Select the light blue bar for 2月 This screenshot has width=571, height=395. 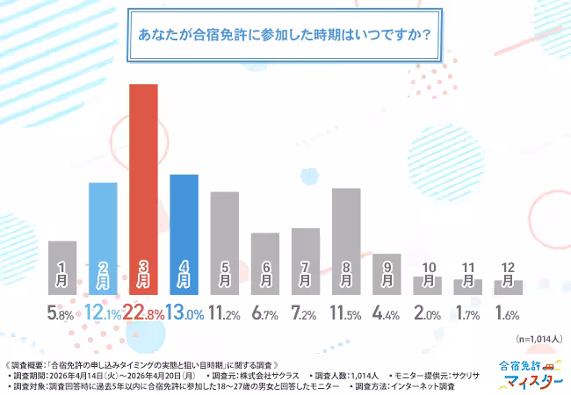point(103,237)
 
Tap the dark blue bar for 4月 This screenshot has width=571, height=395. point(184,233)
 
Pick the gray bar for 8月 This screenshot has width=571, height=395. point(346,241)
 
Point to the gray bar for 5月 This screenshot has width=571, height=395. point(224,242)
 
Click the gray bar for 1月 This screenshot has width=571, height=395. point(62,267)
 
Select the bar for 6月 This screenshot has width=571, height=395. point(264,262)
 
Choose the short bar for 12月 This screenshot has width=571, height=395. point(508,287)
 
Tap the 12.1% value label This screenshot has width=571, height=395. point(103,312)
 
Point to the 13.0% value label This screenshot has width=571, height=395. point(184,312)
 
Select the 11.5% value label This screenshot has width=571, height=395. point(346,312)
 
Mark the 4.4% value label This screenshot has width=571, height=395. point(387,312)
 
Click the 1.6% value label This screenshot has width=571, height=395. point(508,312)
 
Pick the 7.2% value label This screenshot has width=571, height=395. point(305,312)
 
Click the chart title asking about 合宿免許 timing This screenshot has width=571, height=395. point(285,37)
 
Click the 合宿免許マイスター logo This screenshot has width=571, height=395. point(524,374)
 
